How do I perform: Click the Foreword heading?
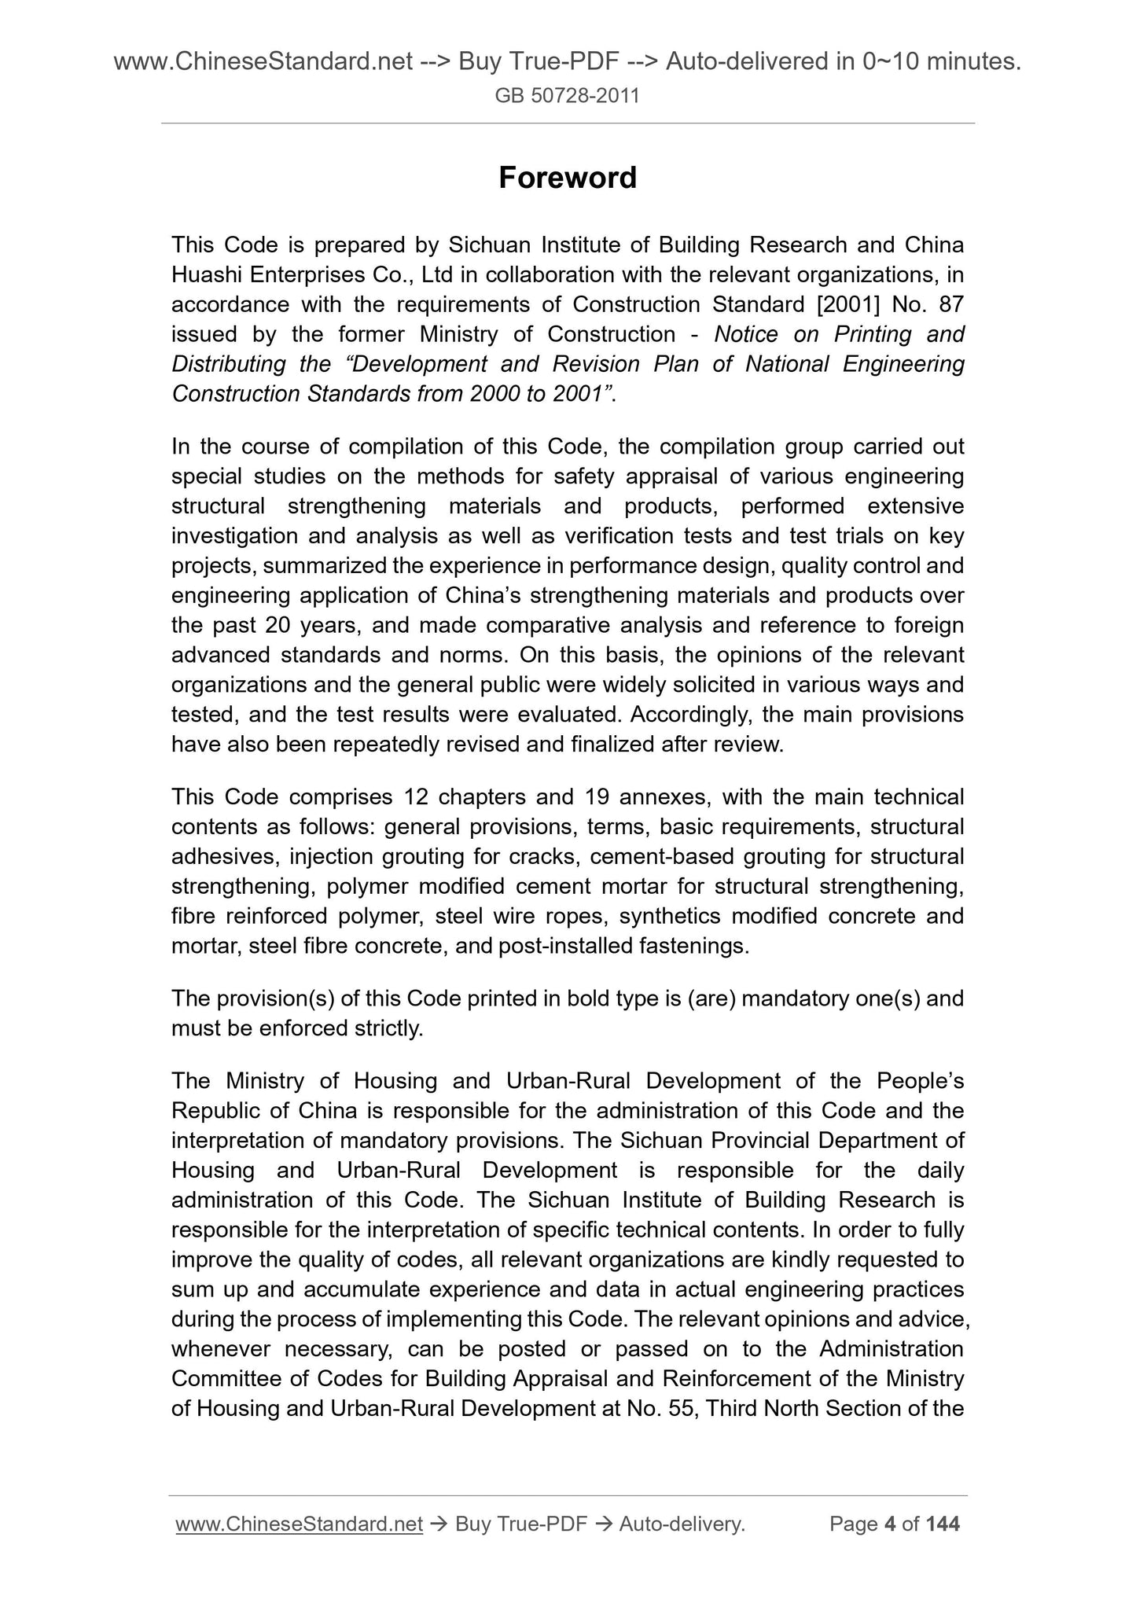pos(568,178)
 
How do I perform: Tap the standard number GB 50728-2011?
pos(568,97)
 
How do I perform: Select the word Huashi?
pos(205,275)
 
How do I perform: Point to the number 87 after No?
pos(950,305)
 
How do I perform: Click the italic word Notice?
pos(747,335)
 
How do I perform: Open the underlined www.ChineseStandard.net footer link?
pos(300,1524)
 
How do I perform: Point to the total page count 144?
pos(943,1524)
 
